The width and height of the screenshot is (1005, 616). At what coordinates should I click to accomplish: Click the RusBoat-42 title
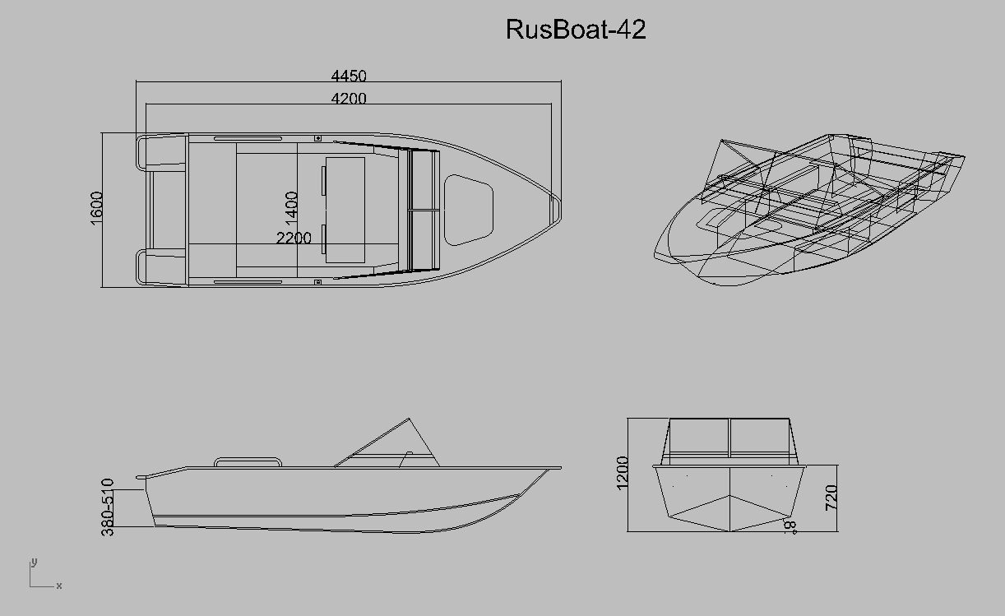tap(576, 29)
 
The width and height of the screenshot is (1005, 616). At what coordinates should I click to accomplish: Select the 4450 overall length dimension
tap(349, 76)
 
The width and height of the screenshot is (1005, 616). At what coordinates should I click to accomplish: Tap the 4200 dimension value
tap(349, 98)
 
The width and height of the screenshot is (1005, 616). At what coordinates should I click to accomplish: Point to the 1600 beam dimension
tap(96, 208)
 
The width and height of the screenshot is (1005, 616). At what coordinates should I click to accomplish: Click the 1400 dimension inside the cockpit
tap(291, 206)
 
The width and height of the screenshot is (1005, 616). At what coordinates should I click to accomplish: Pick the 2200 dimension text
tap(294, 238)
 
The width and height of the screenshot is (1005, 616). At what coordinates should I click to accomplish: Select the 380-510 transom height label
tap(108, 507)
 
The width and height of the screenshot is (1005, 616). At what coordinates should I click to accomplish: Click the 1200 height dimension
tap(623, 473)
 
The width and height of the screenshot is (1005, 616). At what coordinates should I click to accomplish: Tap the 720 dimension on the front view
tap(831, 497)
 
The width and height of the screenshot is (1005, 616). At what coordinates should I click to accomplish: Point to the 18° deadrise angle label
tap(790, 526)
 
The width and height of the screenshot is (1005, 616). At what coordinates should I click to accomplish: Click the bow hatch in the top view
tap(469, 210)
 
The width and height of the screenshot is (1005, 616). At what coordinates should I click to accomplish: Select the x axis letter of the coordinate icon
tap(58, 586)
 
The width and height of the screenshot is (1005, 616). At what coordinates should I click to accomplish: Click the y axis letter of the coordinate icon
tap(34, 563)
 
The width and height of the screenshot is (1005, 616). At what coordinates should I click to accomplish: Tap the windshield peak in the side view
tap(409, 419)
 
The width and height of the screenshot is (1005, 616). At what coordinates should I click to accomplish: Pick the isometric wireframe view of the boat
tap(809, 210)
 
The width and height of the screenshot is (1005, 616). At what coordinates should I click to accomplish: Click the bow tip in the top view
tap(560, 209)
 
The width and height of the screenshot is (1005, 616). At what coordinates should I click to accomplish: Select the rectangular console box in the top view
tap(345, 210)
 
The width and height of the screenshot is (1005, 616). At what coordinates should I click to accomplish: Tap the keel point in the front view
tap(730, 531)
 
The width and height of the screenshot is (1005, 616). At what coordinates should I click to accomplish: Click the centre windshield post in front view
tap(729, 438)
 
